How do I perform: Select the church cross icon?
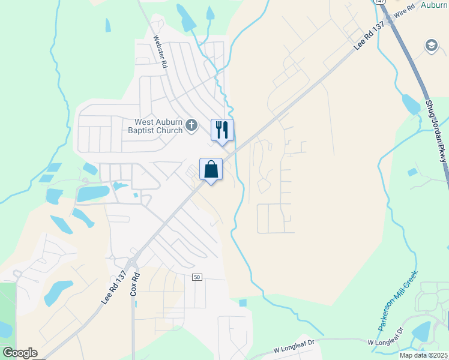[191, 125]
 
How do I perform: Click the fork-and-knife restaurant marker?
[222, 130]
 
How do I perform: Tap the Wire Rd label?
[402, 13]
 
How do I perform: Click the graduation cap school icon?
[431, 46]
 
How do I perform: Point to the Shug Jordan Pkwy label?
[436, 131]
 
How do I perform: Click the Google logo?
[20, 353]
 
